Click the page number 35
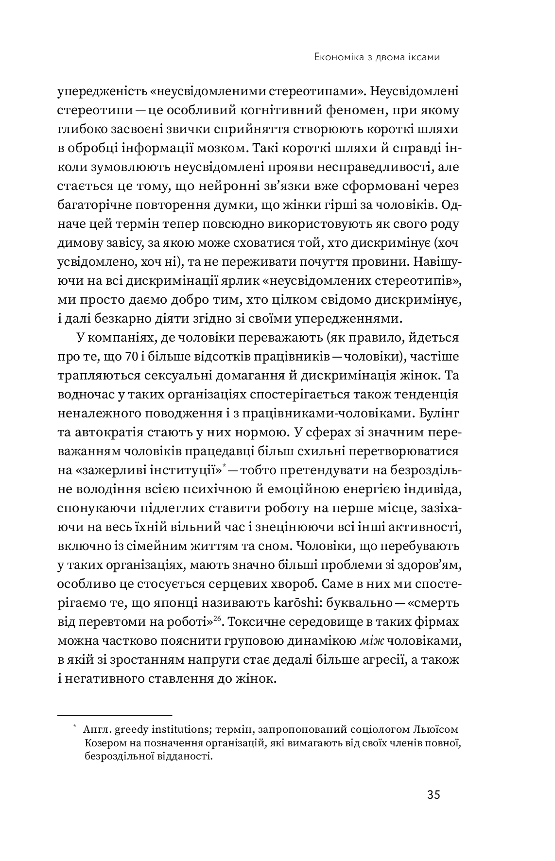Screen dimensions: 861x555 coord(434,795)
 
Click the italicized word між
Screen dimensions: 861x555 coord(372,641)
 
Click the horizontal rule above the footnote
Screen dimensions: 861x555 coord(115,715)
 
